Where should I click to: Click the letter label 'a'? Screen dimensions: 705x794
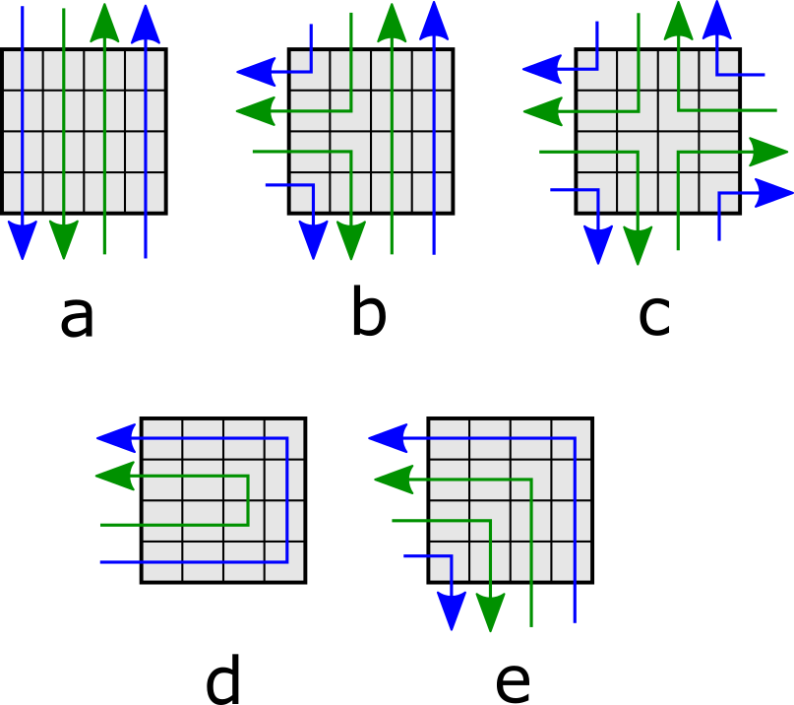tap(77, 317)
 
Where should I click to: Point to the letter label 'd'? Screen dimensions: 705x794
tap(223, 681)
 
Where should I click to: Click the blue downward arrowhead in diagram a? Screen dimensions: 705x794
tap(23, 240)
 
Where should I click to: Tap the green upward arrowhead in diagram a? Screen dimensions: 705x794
tap(104, 23)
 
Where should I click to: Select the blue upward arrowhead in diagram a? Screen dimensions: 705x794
tap(146, 23)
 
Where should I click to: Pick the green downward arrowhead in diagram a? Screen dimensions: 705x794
tap(63, 240)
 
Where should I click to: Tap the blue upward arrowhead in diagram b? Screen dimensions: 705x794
tap(433, 22)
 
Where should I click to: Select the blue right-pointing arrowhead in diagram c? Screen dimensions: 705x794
tap(772, 193)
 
